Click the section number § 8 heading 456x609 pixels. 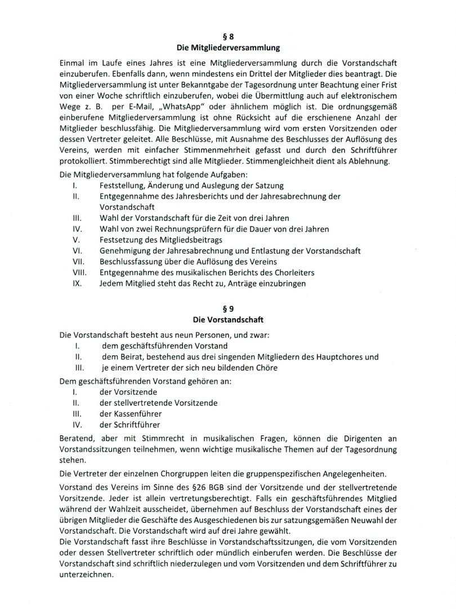point(228,36)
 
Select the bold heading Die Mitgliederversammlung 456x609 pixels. point(228,47)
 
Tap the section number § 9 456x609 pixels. point(228,310)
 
